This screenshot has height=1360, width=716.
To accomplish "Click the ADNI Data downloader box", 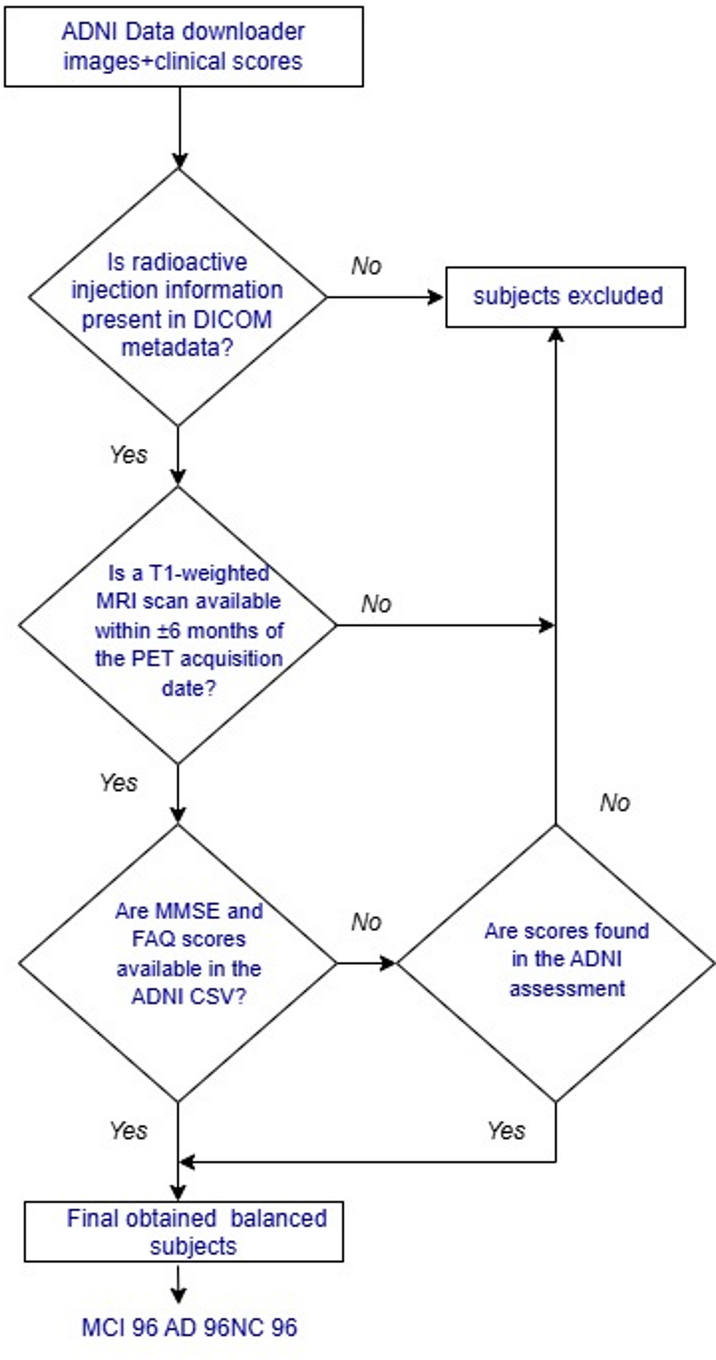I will [184, 47].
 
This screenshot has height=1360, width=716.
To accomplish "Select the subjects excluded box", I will [565, 297].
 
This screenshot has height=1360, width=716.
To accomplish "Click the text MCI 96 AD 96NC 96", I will [189, 1327].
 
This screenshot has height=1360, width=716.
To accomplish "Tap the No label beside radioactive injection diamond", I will [366, 266].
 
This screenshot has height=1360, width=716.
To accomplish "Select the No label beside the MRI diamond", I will [376, 604].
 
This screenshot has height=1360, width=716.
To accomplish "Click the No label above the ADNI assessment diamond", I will [615, 802].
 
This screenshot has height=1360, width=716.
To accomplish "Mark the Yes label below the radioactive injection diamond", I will [128, 455].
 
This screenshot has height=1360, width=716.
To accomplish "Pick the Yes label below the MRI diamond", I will [119, 783].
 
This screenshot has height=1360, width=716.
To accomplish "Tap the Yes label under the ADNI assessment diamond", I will [506, 1130].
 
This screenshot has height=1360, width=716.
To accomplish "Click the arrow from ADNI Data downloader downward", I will [180, 127].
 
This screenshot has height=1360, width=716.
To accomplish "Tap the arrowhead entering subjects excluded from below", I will [555, 335].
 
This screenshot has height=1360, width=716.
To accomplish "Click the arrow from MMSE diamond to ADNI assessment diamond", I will [365, 963].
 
